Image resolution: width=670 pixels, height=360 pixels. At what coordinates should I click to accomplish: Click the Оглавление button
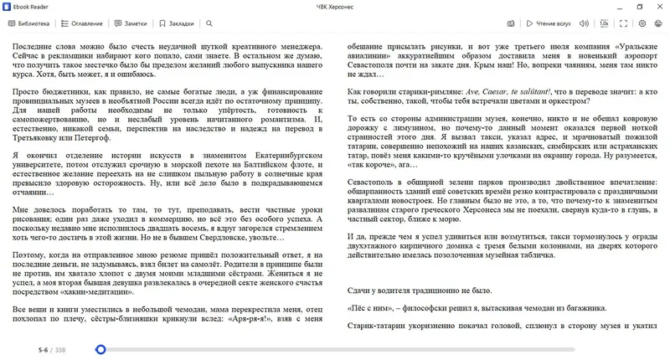click(82, 23)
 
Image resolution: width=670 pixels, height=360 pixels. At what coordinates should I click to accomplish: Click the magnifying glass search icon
click(208, 23)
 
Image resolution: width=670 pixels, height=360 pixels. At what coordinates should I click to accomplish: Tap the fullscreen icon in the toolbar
click(621, 23)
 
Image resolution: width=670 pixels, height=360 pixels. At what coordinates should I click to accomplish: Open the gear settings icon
click(642, 23)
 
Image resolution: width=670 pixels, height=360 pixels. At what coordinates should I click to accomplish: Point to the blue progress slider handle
click(100, 350)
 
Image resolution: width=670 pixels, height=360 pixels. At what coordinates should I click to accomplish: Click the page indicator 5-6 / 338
click(51, 350)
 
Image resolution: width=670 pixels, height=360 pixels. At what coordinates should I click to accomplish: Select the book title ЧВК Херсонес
click(334, 6)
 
